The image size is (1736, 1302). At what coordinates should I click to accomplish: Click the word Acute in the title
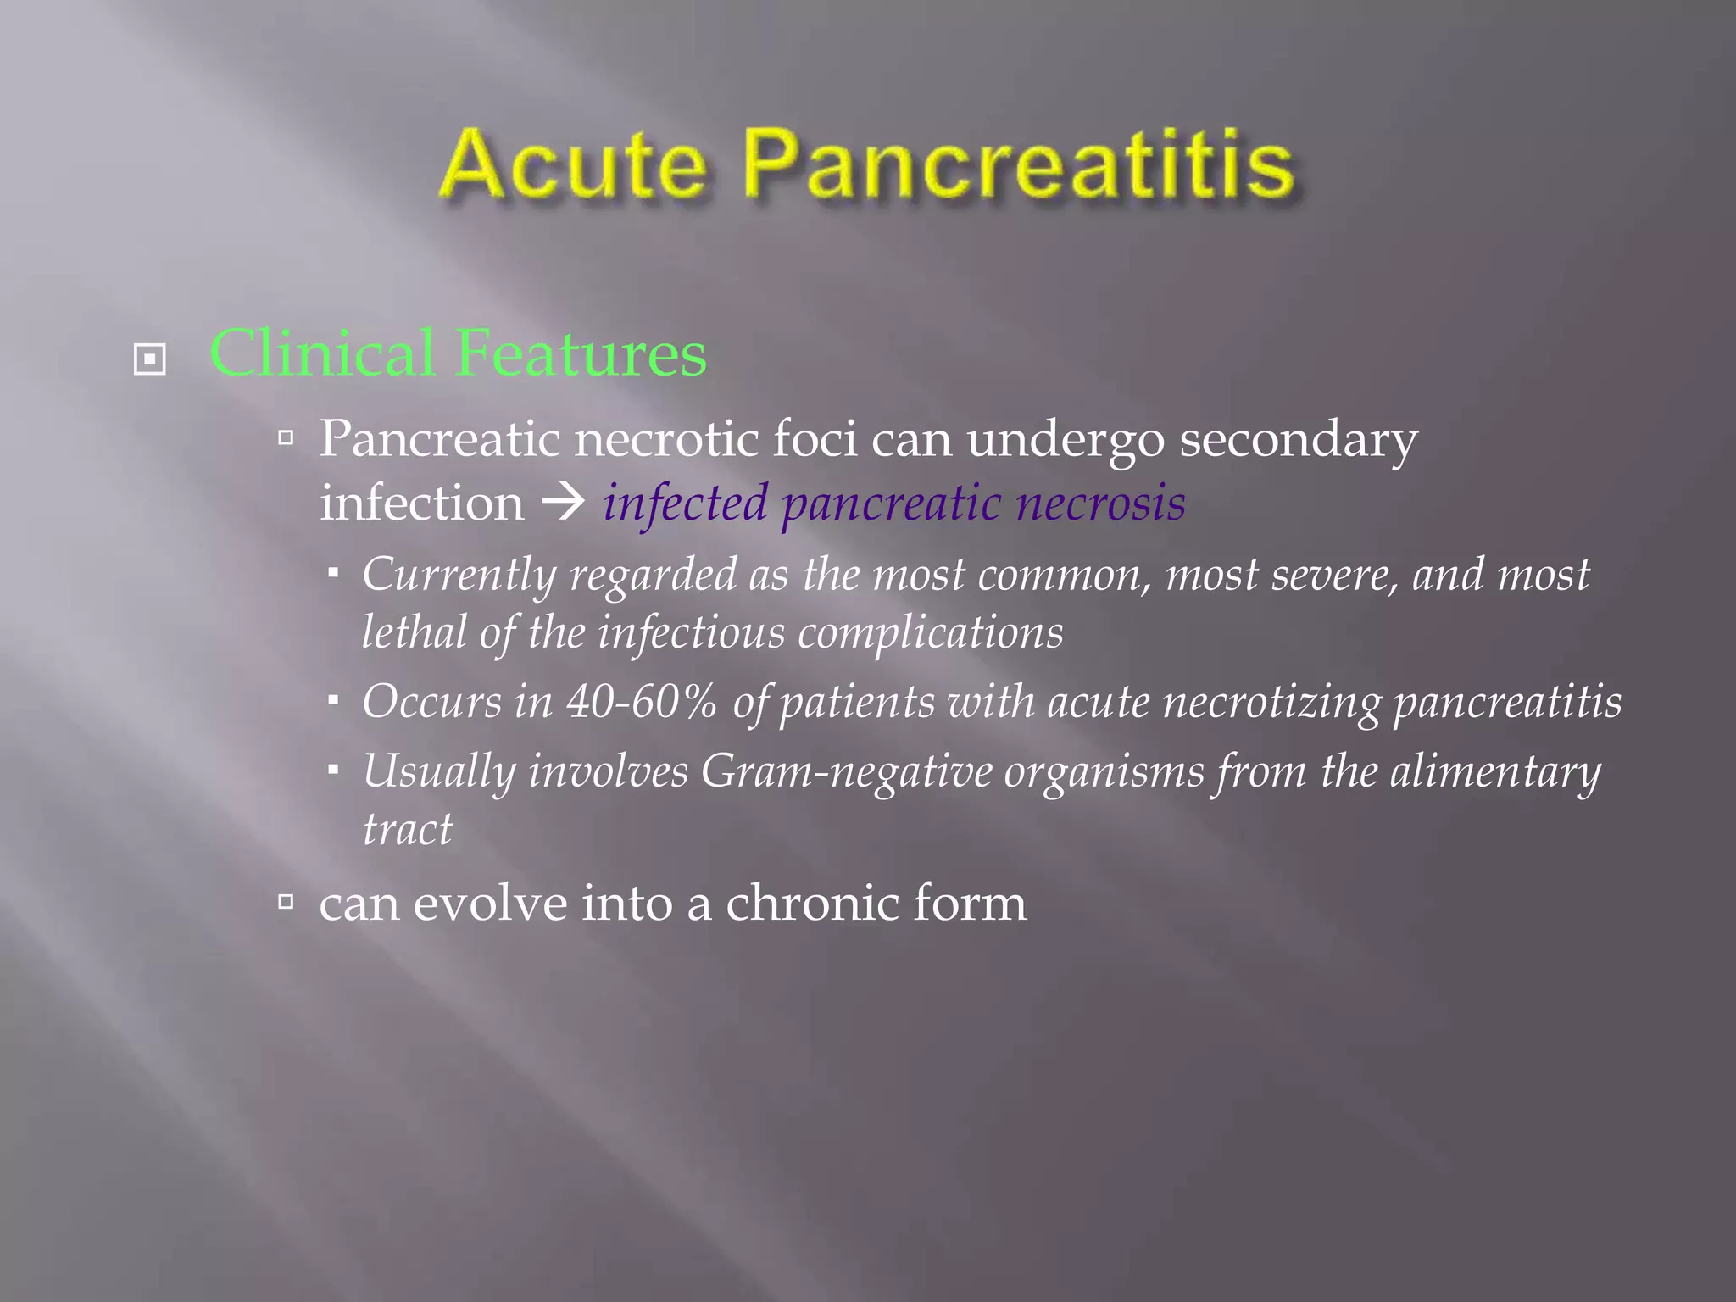click(x=573, y=164)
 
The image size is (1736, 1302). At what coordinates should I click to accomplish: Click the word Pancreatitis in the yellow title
click(x=1019, y=166)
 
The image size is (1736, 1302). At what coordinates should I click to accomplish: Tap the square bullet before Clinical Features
click(x=150, y=359)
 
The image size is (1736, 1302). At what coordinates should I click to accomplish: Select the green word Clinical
click(x=322, y=353)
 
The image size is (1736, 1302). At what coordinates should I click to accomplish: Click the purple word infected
click(x=685, y=503)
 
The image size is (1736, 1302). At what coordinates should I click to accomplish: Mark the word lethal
click(x=414, y=632)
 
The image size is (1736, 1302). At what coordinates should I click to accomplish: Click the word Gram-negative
click(x=846, y=772)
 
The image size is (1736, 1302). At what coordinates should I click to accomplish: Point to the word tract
click(x=408, y=829)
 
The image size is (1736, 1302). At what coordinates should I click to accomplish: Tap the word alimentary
click(x=1495, y=772)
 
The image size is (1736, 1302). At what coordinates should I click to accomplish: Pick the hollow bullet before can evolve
click(x=287, y=901)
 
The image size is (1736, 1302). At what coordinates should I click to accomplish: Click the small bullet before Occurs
click(x=334, y=701)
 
